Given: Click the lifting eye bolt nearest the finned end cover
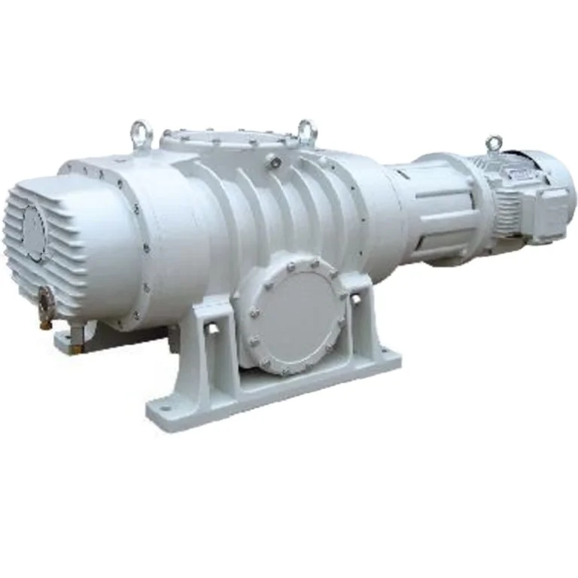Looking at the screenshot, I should [x=141, y=133].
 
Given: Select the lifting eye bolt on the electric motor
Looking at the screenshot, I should [x=494, y=143].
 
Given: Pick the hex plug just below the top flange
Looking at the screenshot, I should [x=277, y=163].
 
